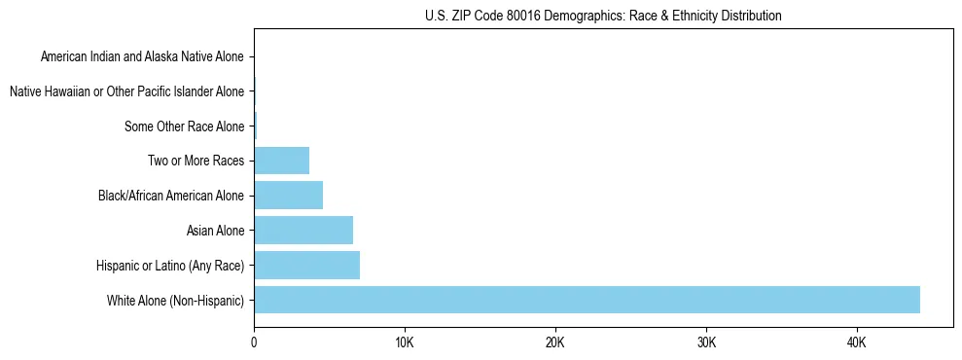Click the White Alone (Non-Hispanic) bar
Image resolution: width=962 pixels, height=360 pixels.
[587, 300]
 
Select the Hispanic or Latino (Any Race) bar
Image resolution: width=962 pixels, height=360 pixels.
[306, 265]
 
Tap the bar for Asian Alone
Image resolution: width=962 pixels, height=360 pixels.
[303, 231]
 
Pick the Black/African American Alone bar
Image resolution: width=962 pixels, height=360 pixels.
[288, 196]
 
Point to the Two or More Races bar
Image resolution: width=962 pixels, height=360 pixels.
[281, 161]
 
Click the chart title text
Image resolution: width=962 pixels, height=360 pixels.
[603, 16]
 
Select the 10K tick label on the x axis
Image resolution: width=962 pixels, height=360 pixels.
[405, 343]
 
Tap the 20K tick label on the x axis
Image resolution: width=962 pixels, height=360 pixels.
[555, 343]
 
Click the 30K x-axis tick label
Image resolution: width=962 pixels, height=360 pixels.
[706, 343]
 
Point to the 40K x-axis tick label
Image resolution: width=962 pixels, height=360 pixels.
[857, 343]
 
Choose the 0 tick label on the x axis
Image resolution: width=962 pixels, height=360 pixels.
[254, 343]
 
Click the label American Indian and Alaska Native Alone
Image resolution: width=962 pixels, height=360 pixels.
[142, 57]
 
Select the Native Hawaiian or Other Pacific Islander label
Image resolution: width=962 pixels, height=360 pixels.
[126, 92]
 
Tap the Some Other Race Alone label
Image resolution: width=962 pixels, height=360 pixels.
[184, 126]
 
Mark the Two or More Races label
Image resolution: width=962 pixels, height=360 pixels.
[197, 162]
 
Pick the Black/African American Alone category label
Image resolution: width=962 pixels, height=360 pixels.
[171, 196]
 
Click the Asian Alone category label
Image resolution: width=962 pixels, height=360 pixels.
[215, 231]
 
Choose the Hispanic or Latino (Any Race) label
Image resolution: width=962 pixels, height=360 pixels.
[170, 266]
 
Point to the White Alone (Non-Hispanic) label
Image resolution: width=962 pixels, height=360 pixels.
[175, 301]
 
